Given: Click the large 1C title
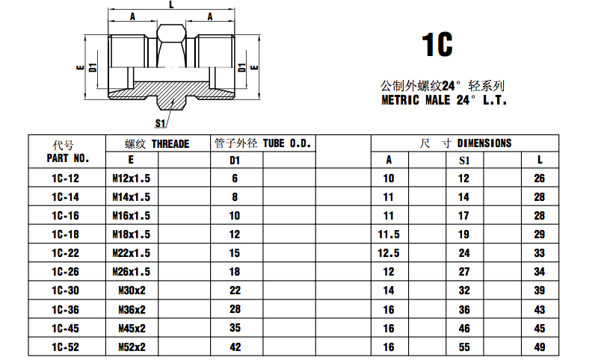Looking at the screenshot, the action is point(437,45).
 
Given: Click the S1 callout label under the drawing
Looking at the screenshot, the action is point(160,123).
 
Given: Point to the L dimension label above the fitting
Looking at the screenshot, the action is point(171,4).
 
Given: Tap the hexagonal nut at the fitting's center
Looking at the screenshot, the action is point(171,46).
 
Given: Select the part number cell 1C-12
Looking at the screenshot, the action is point(66,179).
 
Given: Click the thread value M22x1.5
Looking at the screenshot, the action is point(132,253).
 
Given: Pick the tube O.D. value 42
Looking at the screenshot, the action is point(235,347).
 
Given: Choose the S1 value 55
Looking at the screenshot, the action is point(464,347).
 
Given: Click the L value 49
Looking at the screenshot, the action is point(540,347).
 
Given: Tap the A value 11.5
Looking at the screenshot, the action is point(389,235).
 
